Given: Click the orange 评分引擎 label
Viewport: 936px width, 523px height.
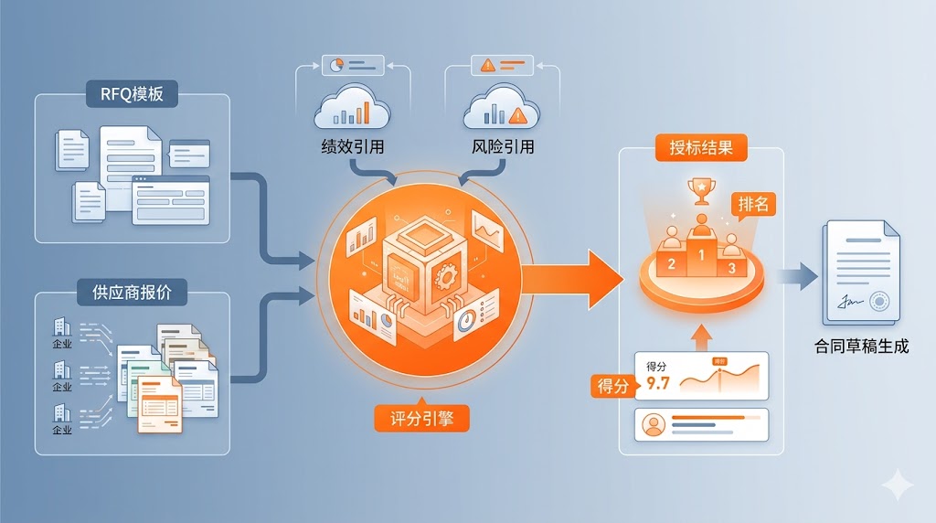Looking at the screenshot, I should click(x=422, y=417).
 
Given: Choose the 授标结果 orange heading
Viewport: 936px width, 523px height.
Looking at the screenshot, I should click(x=701, y=147).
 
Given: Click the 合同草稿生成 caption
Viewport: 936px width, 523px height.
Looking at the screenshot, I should click(x=861, y=347).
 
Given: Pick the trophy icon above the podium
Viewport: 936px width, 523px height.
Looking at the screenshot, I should click(x=701, y=188).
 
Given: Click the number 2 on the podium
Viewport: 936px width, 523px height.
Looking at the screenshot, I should click(x=671, y=264).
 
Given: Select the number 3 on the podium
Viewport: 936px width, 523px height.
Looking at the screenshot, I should click(x=730, y=268).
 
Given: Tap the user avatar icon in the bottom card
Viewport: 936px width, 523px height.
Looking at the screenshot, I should click(x=653, y=425).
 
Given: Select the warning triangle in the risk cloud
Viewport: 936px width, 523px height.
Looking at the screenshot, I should click(x=520, y=115).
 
